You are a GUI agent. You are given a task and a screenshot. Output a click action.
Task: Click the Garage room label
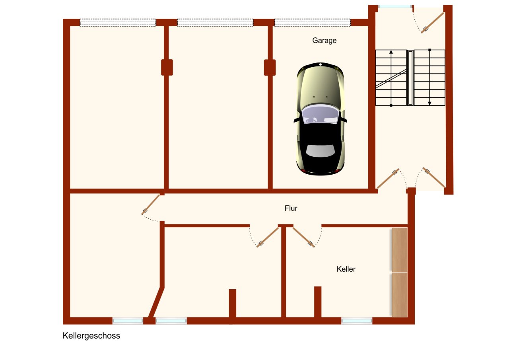[324, 40]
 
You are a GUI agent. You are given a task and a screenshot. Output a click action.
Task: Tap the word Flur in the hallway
[291, 208]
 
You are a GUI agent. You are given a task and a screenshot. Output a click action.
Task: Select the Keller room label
[346, 269]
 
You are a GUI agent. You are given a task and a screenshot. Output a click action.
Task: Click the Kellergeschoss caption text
[91, 336]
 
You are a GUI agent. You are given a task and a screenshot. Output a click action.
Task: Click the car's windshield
[320, 116]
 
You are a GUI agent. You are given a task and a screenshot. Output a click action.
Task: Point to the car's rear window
[320, 152]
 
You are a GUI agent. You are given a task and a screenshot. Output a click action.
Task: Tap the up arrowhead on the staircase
[391, 52]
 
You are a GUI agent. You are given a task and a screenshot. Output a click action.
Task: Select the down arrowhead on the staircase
[429, 103]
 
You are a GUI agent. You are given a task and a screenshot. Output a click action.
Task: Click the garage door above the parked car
[312, 23]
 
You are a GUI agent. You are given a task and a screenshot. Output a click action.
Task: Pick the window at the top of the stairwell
[395, 6]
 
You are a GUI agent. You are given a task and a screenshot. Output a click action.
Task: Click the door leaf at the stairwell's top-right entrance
[433, 22]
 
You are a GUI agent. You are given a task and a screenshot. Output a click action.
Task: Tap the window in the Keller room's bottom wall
[357, 321]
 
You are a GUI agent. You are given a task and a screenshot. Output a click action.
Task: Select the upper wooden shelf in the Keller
[400, 250]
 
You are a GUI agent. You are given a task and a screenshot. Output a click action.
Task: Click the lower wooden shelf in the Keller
[400, 295]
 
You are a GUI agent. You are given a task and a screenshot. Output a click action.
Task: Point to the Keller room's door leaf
[303, 237]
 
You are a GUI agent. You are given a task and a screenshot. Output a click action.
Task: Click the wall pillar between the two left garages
[167, 67]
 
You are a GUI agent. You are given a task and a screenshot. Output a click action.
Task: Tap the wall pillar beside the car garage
[270, 67]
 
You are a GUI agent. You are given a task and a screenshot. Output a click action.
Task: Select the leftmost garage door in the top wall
[118, 23]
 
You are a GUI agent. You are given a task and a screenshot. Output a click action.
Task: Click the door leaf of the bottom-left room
[150, 206]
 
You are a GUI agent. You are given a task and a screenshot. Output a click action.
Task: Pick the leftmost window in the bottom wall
[128, 321]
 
